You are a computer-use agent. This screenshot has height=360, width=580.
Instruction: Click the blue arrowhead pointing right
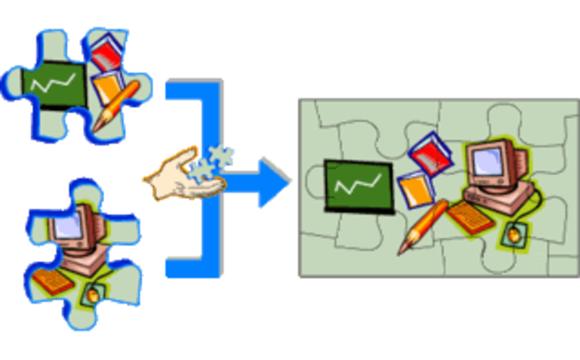click(271, 182)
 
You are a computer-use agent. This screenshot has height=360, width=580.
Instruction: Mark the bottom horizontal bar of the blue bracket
click(190, 268)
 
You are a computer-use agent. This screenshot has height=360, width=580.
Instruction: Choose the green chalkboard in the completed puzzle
click(353, 185)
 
